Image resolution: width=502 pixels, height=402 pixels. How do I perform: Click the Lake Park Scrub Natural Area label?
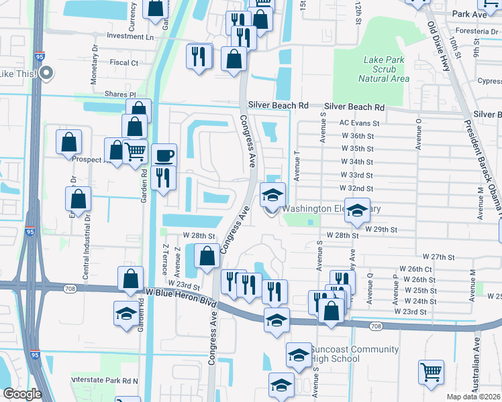(x=384, y=69)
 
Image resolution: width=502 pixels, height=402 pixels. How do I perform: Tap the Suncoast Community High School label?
(x=355, y=354)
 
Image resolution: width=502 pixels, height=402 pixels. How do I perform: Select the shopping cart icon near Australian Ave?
(x=431, y=372)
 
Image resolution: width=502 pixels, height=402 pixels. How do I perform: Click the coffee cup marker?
(x=164, y=156)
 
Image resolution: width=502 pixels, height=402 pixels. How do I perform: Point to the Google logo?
(x=22, y=394)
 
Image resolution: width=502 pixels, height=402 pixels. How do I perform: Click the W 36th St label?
(x=357, y=135)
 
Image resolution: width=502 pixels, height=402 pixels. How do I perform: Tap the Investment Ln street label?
(x=130, y=36)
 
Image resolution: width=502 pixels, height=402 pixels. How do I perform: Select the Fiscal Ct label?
(x=123, y=63)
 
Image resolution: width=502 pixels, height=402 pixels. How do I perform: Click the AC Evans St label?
(x=360, y=123)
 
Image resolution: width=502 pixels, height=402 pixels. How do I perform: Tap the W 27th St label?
(x=439, y=257)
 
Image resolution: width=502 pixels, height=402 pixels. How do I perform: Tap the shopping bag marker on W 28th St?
(x=207, y=256)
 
